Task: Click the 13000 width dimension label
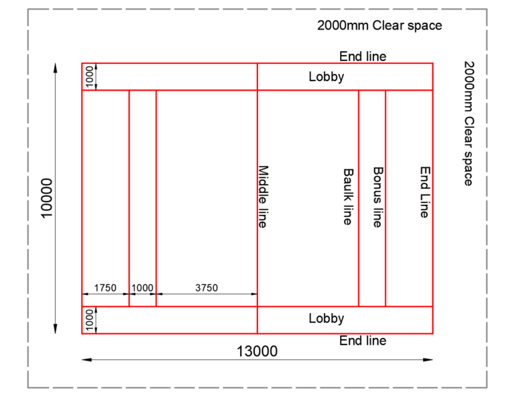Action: (257, 351)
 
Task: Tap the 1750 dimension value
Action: (105, 288)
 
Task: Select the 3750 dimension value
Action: (207, 288)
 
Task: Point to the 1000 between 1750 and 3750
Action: (142, 288)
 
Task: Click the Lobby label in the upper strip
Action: (327, 77)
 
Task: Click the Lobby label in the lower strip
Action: (327, 318)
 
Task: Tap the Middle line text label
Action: (263, 197)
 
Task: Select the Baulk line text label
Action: (347, 196)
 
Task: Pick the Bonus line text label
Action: (378, 197)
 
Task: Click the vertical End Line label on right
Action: (424, 192)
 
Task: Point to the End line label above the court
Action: (363, 56)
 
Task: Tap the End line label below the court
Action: (363, 341)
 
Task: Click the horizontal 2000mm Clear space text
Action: (380, 26)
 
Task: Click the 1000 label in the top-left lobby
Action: (90, 77)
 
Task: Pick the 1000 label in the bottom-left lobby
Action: (90, 320)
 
